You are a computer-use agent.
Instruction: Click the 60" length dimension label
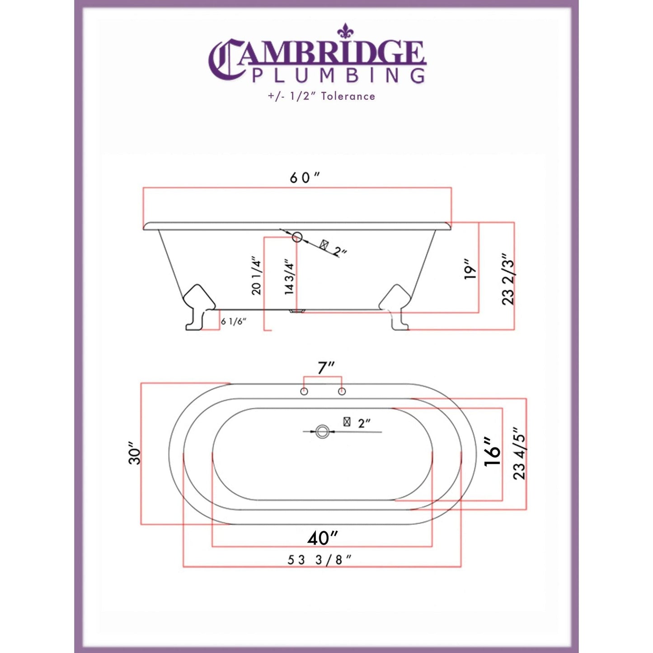point(304,178)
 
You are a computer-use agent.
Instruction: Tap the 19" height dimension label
point(470,269)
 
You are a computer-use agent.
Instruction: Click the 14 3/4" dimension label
point(290,277)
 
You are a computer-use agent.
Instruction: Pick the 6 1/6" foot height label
point(234,322)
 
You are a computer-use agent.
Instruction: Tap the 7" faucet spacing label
point(325,368)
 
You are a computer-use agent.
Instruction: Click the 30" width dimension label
point(135,453)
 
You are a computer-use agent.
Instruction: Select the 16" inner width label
point(493,452)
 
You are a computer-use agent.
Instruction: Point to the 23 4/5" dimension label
point(519,454)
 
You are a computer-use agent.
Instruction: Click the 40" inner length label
point(323,538)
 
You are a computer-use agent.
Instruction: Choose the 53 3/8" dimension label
point(319,560)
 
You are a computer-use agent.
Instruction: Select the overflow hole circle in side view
point(297,236)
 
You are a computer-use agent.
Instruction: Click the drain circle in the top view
point(322,432)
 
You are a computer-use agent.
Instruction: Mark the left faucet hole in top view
point(304,391)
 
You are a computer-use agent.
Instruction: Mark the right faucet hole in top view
point(342,391)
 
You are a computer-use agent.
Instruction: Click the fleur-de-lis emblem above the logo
point(345,30)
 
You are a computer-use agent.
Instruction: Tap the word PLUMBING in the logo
point(338,75)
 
